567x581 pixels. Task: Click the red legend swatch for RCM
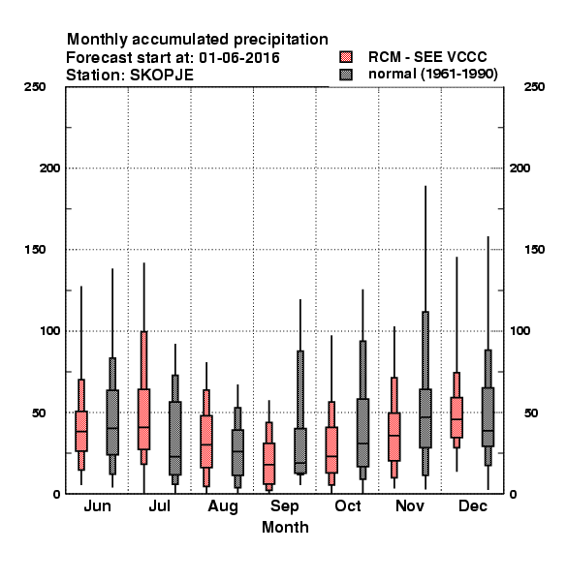[x=346, y=57]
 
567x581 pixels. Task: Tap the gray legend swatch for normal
[x=346, y=75]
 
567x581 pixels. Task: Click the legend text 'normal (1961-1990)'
[x=432, y=75]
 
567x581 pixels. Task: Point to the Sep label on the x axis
[x=284, y=506]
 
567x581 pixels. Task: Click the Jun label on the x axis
[x=97, y=506]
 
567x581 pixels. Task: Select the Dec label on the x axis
[x=473, y=506]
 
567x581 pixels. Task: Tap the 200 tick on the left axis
[x=49, y=168]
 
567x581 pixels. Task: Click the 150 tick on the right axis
[x=534, y=250]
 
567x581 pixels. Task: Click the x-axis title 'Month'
[x=285, y=528]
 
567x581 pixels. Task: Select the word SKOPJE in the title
[x=161, y=76]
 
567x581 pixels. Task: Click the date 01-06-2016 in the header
[x=239, y=58]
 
